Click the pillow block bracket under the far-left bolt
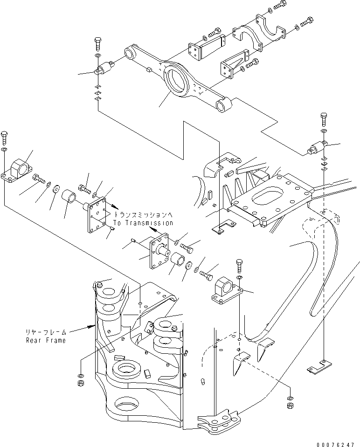click(17, 170)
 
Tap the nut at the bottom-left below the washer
click(80, 383)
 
